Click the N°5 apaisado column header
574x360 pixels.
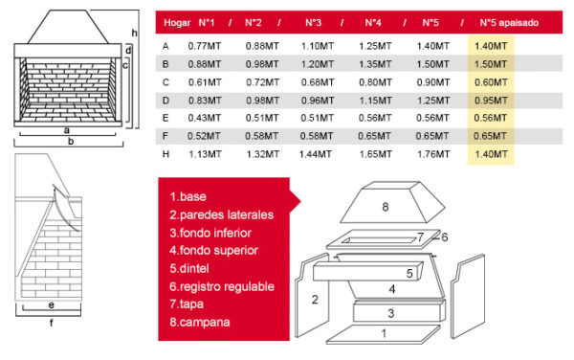pos(509,23)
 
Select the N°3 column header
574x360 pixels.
pos(314,23)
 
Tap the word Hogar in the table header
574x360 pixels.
pos(177,23)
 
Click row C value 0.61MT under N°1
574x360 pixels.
pos(205,82)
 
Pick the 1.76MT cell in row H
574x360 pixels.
pos(433,154)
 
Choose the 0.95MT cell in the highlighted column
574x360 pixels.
pos(491,100)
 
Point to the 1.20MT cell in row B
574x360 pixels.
pos(318,64)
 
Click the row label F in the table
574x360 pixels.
pos(166,136)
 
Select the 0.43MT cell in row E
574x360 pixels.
pos(205,118)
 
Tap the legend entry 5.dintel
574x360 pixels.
pos(189,268)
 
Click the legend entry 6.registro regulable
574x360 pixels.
pos(222,286)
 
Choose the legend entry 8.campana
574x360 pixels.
pos(200,323)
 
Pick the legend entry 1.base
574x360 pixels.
pos(188,196)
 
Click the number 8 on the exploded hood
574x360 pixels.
pos(386,207)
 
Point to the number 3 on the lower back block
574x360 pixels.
pos(391,313)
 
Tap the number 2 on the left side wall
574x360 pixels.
pos(315,300)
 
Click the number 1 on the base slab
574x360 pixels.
pos(384,333)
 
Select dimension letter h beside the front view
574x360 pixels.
pos(134,33)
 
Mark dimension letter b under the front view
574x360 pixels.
pos(71,141)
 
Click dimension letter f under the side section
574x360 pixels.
pos(51,323)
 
